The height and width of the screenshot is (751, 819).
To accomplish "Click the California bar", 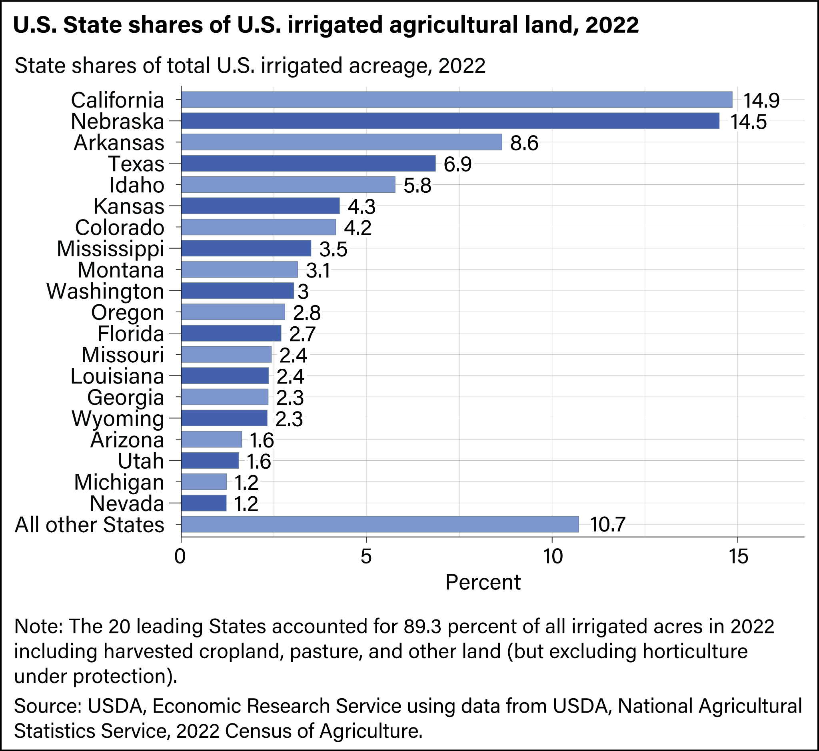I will (456, 100).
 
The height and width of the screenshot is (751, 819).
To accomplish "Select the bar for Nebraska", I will (450, 121).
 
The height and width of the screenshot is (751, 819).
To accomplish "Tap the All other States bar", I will (380, 524).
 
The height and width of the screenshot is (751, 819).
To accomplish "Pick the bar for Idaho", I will (288, 185).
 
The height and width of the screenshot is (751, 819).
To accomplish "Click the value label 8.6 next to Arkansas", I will (524, 144).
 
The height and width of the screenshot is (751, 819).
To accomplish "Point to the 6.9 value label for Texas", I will (457, 165).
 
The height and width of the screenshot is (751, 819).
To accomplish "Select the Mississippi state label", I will (110, 249).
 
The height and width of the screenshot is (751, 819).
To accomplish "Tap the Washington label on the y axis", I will (105, 292).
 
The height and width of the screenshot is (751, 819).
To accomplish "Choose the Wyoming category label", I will (118, 419).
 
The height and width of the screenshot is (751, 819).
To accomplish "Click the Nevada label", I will (126, 504).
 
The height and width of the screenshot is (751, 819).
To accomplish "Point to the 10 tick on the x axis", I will (551, 557).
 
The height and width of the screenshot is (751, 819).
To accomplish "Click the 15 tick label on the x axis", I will (737, 557).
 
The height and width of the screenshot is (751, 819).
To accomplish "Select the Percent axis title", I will (482, 582).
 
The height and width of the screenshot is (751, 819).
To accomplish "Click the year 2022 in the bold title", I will (613, 25).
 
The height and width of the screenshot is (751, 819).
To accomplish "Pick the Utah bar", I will (210, 461).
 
